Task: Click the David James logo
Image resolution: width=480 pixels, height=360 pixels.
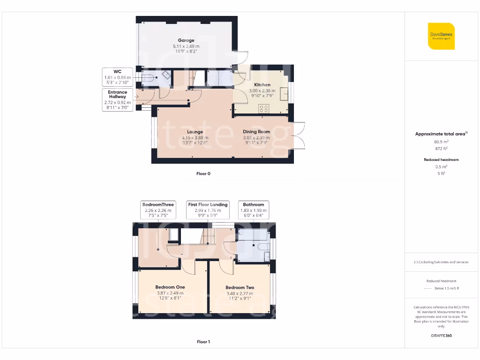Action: (x=442, y=36)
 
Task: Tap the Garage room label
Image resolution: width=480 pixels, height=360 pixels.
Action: (x=186, y=40)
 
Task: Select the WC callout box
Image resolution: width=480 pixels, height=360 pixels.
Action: (x=118, y=77)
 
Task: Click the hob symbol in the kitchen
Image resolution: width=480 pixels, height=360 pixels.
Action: (x=263, y=108)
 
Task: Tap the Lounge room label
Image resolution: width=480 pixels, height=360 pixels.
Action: (x=195, y=132)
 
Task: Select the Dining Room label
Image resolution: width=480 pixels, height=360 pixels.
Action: (x=256, y=132)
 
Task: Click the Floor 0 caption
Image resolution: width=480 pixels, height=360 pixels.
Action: (x=203, y=173)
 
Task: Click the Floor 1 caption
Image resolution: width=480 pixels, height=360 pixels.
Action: (x=203, y=342)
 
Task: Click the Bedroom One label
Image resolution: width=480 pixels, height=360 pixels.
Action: (x=170, y=287)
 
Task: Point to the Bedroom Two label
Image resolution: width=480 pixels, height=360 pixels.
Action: (x=240, y=287)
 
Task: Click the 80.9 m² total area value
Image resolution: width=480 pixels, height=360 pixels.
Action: (x=441, y=141)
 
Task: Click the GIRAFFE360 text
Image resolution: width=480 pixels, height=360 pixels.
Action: (x=441, y=336)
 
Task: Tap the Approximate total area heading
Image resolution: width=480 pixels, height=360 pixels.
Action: (x=440, y=134)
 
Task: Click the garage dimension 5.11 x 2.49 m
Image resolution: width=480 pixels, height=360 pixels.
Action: (x=186, y=46)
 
